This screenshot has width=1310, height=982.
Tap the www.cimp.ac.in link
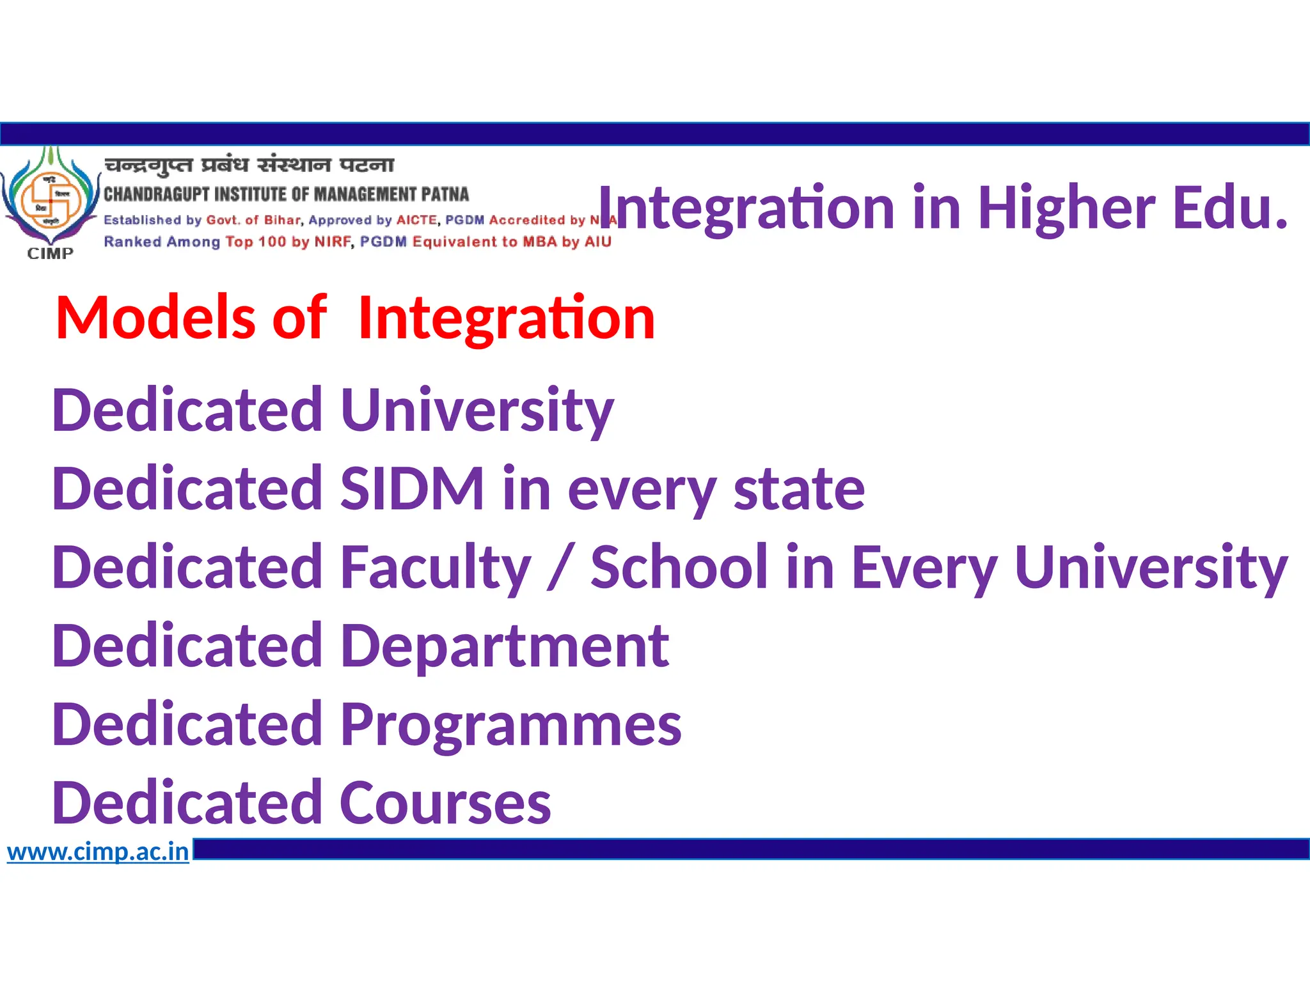click(x=98, y=852)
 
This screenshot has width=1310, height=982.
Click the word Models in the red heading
click(x=156, y=318)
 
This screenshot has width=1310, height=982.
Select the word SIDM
click(x=412, y=489)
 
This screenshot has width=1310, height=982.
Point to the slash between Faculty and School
click(x=561, y=568)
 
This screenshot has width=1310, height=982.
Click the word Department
click(x=505, y=646)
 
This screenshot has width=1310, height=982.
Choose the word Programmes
click(x=511, y=725)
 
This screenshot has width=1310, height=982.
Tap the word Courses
click(x=445, y=804)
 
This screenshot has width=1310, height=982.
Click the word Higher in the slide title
click(x=1066, y=208)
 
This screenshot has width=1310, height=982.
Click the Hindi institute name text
click(x=249, y=165)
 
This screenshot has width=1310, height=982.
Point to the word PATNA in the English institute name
click(x=445, y=194)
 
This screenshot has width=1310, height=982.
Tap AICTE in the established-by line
click(x=416, y=221)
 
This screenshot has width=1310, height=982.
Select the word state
click(x=799, y=489)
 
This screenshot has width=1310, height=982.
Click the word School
click(x=679, y=568)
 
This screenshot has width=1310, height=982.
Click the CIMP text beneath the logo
click(x=51, y=254)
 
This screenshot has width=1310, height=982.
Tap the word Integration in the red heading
click(x=507, y=318)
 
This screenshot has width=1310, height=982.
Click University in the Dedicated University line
click(x=477, y=410)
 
